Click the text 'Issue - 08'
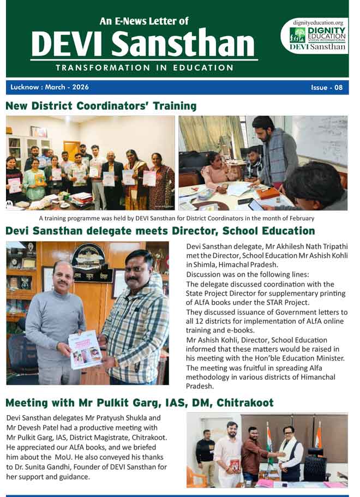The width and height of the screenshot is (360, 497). pyautogui.click(x=327, y=87)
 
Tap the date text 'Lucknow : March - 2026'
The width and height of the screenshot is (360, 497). pyautogui.click(x=49, y=87)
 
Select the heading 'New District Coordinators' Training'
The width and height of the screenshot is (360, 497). pyautogui.click(x=100, y=106)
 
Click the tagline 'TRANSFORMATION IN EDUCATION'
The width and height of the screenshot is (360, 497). pyautogui.click(x=145, y=68)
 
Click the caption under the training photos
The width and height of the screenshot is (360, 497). pyautogui.click(x=176, y=218)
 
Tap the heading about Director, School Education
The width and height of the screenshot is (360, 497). pyautogui.click(x=160, y=231)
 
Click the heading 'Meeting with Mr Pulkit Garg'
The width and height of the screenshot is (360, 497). pyautogui.click(x=139, y=403)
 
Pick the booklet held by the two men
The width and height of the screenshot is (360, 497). pyautogui.click(x=85, y=349)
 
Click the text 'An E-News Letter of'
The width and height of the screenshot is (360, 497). pyautogui.click(x=144, y=21)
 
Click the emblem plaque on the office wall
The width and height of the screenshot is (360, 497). pyautogui.click(x=88, y=256)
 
